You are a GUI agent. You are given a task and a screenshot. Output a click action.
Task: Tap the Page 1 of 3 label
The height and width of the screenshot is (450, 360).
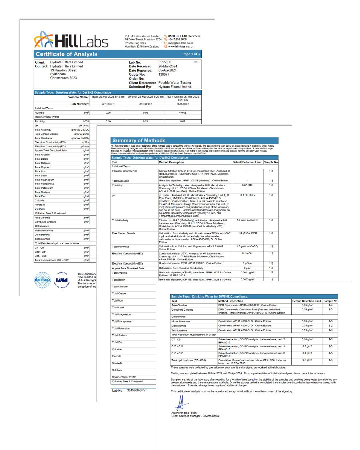[191, 54]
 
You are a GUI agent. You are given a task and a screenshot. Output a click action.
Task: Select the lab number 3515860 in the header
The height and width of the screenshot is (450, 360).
[165, 62]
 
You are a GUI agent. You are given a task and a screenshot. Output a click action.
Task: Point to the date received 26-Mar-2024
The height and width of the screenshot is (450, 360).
[168, 66]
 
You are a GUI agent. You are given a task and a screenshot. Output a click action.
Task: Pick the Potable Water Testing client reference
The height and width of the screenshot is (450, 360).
[175, 83]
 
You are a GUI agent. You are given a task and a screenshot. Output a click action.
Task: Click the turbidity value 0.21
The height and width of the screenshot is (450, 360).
[145, 121]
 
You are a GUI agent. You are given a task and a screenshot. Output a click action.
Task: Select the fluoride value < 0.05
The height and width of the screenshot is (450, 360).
[183, 113]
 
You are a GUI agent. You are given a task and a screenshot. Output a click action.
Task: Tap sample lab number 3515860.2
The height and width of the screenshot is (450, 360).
[145, 104]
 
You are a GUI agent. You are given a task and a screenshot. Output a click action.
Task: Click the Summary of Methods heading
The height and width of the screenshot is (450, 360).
[139, 141]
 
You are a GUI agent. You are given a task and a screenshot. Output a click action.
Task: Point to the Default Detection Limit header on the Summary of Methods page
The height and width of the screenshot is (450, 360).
[247, 162]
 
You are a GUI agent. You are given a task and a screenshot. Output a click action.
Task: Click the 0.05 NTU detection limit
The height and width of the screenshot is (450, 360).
[247, 185]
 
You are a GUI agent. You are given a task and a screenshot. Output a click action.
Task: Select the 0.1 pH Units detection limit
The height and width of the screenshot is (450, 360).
[247, 195]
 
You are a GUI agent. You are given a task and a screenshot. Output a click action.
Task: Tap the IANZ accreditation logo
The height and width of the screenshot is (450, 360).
[62, 280]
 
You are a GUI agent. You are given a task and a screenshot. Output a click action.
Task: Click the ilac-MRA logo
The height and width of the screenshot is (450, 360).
[43, 280]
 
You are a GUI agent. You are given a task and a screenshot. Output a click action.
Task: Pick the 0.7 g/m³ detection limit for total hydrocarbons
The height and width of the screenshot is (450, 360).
[307, 360]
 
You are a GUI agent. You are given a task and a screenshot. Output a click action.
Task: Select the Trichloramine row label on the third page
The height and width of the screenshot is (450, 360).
[179, 330]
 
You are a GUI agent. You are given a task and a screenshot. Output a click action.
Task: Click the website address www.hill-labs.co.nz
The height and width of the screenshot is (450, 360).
[180, 47]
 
